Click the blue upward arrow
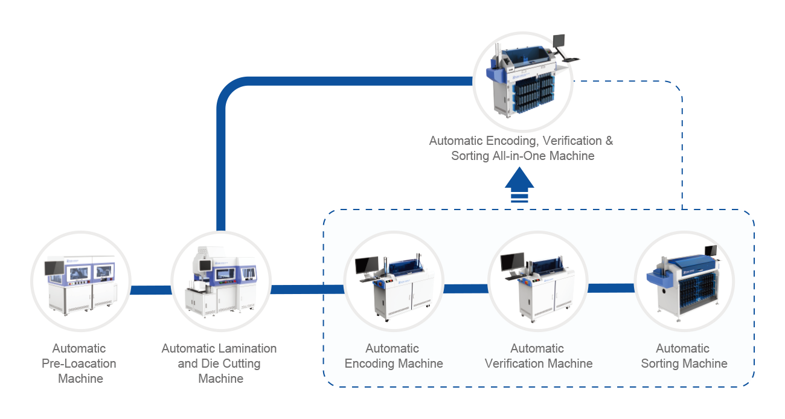[x=519, y=185]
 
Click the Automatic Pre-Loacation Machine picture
[x=81, y=281]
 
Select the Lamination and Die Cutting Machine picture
[x=221, y=281]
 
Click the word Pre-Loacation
[x=79, y=363]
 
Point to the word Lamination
[x=250, y=348]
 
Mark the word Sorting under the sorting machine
[x=660, y=364]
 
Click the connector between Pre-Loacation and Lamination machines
[x=151, y=290]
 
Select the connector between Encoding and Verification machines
[x=466, y=289]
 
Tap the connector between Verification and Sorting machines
[x=611, y=288]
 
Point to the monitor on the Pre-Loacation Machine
[x=54, y=268]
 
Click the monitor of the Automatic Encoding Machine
[x=367, y=265]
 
